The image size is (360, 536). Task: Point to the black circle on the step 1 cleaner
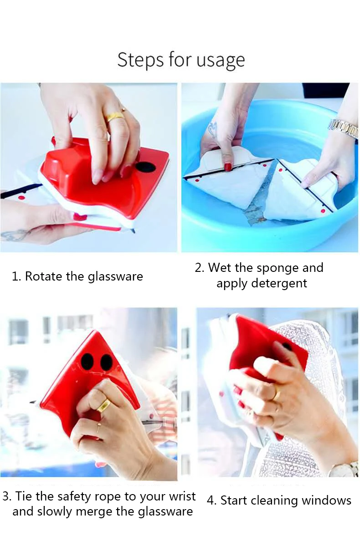pyautogui.click(x=145, y=167)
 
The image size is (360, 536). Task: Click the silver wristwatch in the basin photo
pyautogui.click(x=343, y=128)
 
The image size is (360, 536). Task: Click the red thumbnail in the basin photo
pyautogui.click(x=228, y=167)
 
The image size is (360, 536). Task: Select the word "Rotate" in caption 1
pyautogui.click(x=44, y=276)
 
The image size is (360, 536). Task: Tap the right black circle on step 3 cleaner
pyautogui.click(x=107, y=362)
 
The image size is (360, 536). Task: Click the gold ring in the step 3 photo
pyautogui.click(x=103, y=406)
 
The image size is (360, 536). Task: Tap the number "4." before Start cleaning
pyautogui.click(x=212, y=501)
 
